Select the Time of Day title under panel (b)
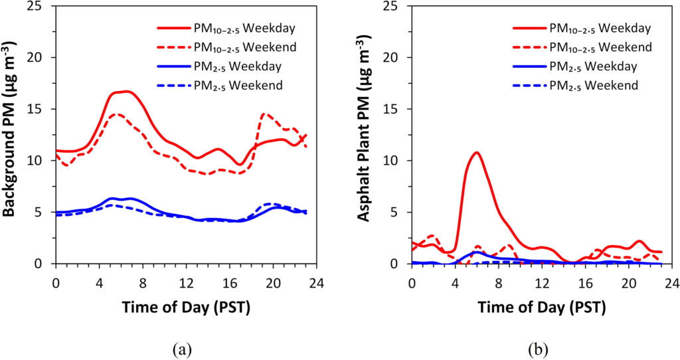[541, 309]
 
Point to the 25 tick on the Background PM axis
[40, 6]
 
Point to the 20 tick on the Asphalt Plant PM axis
[396, 58]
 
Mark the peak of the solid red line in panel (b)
[476, 153]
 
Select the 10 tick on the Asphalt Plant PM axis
[396, 161]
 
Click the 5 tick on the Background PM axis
[42, 213]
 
